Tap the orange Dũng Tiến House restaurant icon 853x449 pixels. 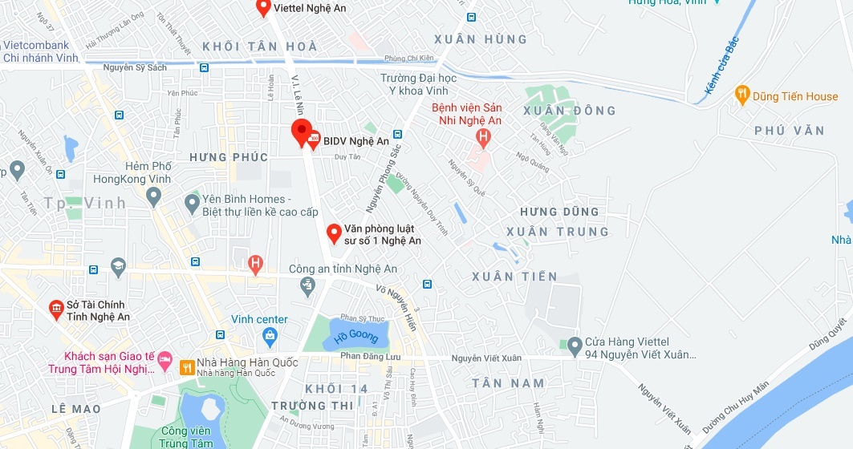pos(742,95)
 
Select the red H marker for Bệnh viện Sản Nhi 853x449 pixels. pos(482,137)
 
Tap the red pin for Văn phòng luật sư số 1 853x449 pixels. pos(334,233)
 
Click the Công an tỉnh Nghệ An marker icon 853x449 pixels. pos(306,285)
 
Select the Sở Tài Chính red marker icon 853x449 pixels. pos(56,309)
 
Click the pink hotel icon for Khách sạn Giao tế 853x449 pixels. pos(165,358)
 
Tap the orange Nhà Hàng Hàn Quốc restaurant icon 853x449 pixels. pos(187,367)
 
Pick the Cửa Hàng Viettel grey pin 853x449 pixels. pos(574,346)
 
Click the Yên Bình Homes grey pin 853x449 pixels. pos(192,204)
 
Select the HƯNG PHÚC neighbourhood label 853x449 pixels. pos(229,157)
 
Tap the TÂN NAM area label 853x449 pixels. pos(508,383)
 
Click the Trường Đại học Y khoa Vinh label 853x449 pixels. pos(418,84)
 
